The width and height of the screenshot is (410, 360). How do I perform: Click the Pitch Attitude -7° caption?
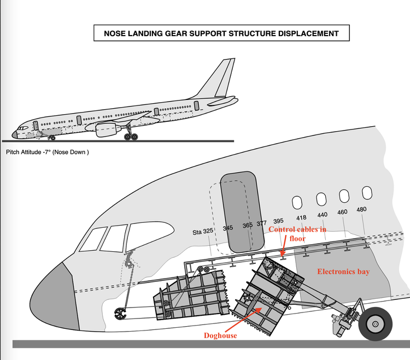click(x=47, y=152)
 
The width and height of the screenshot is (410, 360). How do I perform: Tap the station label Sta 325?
click(x=203, y=232)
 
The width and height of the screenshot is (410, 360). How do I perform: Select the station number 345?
click(x=228, y=228)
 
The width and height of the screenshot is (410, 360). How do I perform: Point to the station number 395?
click(x=278, y=221)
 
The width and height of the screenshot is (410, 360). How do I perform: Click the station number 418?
click(x=301, y=217)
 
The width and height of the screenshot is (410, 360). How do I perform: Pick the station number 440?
click(x=322, y=215)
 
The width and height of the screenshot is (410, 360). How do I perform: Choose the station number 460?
click(x=342, y=212)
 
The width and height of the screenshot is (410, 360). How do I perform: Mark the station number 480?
click(x=361, y=209)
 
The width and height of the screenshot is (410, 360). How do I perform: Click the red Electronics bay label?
click(x=343, y=272)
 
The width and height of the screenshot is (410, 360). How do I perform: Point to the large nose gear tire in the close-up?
click(x=375, y=323)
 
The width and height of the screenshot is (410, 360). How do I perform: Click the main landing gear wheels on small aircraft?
click(x=130, y=136)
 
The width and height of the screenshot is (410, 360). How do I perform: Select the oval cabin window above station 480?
click(x=367, y=193)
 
